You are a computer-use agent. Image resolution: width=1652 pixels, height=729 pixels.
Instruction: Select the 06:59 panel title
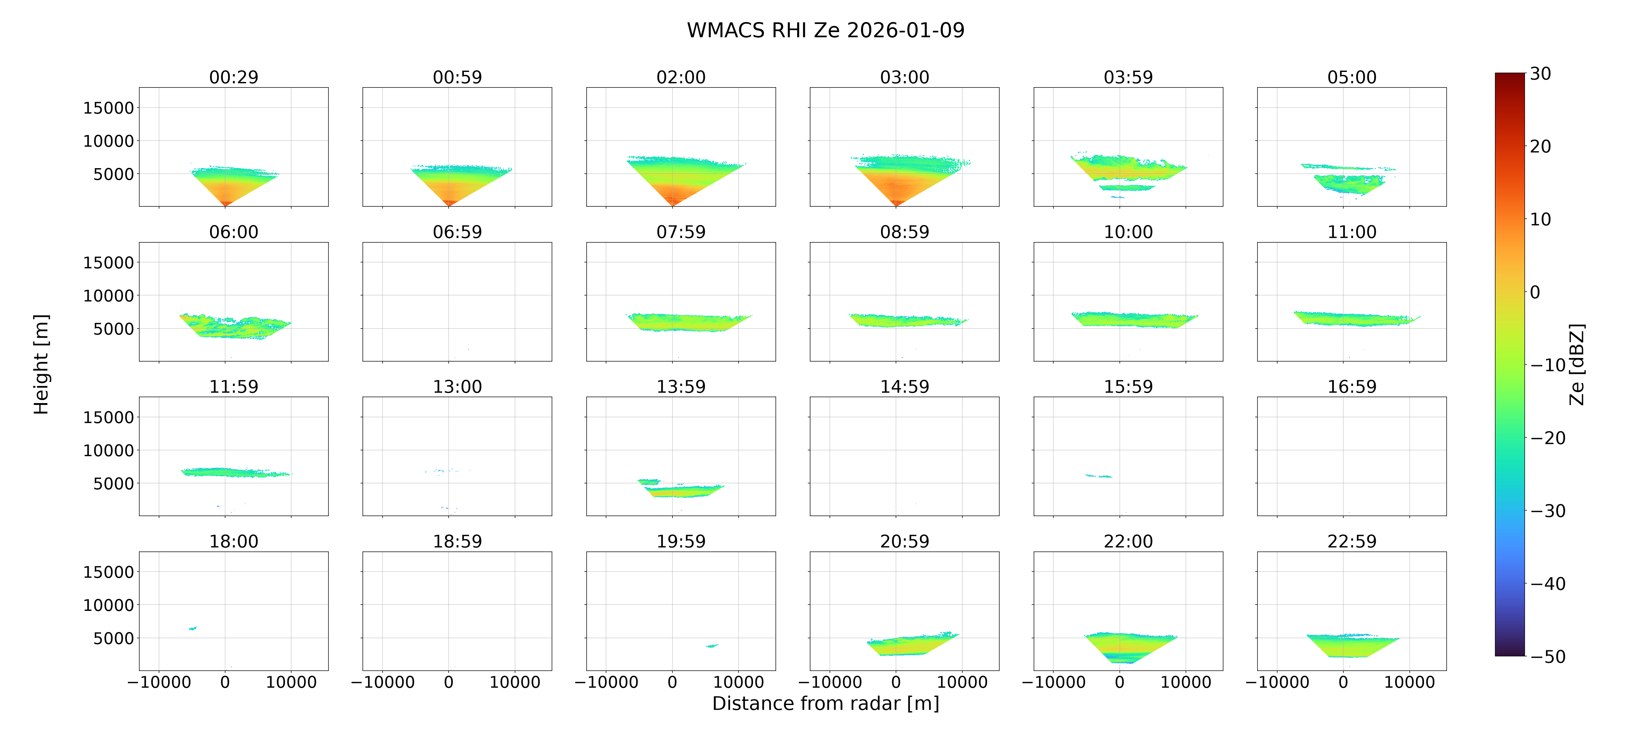457,232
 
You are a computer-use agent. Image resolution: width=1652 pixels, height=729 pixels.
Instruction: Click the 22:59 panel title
1352,541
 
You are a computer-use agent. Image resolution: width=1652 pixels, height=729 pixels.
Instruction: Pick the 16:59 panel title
1352,386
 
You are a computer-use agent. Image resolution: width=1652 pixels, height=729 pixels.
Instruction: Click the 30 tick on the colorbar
1541,74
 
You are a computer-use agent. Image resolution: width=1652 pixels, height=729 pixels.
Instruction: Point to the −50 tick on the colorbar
1548,656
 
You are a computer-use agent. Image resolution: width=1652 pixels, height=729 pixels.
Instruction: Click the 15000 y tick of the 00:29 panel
109,108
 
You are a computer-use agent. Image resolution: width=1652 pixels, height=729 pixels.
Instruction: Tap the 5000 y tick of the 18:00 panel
113,638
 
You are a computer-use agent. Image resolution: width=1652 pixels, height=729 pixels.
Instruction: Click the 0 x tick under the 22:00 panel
1120,682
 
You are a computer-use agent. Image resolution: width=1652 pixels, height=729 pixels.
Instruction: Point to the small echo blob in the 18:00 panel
192,628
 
